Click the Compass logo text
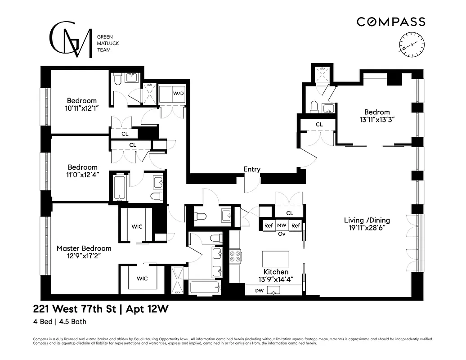[390, 22]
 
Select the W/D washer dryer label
[179, 94]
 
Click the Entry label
[251, 169]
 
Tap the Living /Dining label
[367, 220]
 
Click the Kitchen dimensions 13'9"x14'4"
[276, 279]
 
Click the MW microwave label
[282, 225]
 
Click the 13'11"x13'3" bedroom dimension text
[377, 120]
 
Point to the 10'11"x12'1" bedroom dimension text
[82, 108]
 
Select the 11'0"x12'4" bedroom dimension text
[82, 175]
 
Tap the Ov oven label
[282, 234]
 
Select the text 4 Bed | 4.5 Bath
[59, 322]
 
